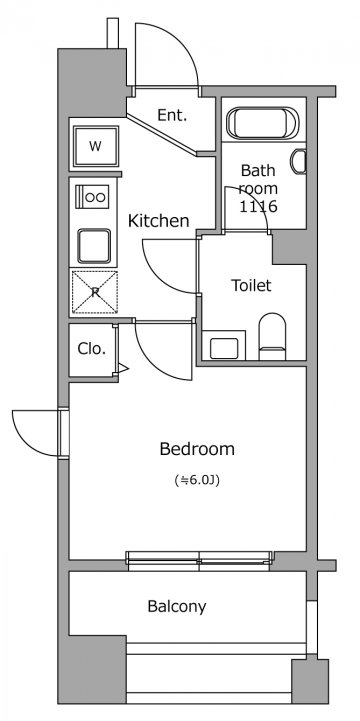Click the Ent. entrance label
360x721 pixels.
(172, 115)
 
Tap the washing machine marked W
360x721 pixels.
(96, 147)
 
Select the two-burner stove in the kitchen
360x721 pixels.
(92, 197)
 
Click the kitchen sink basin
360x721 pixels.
(94, 246)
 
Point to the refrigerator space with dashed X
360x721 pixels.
(95, 292)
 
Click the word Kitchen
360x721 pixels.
(158, 221)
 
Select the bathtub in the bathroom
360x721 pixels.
(263, 123)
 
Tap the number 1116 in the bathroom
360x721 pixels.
(258, 206)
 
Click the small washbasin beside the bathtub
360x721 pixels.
(299, 161)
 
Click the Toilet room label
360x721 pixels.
(251, 285)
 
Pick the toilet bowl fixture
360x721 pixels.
(272, 336)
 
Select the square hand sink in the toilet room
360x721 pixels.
(224, 348)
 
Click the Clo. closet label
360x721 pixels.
(91, 349)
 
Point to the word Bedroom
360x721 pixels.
(197, 449)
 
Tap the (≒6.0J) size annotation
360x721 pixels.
(197, 481)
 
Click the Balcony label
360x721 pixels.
(177, 607)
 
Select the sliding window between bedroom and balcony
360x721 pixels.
(199, 561)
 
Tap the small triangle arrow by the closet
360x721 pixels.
(123, 367)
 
